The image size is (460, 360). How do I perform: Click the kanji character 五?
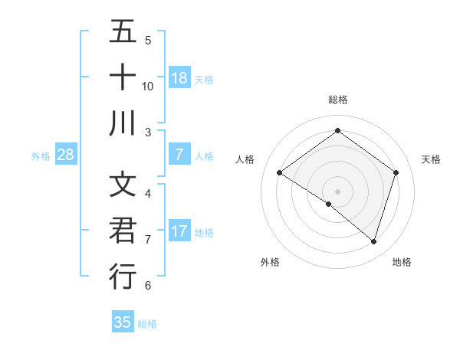(123, 33)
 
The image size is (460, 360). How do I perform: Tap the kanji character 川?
(123, 123)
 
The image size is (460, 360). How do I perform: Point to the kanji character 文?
(123, 186)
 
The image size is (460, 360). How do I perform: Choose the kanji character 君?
(123, 231)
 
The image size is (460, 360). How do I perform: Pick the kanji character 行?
(123, 277)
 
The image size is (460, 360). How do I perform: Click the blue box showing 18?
(179, 78)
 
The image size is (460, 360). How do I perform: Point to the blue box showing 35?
(123, 322)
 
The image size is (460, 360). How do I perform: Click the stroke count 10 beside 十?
(148, 86)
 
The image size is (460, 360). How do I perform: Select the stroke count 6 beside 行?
(147, 286)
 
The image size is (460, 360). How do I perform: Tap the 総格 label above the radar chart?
(337, 100)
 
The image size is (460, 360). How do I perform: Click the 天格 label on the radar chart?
(432, 159)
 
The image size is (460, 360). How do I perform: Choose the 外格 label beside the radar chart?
(270, 262)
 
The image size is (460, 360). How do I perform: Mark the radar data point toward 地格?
(374, 241)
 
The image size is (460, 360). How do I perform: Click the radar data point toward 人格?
(280, 173)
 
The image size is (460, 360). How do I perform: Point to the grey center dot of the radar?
(337, 191)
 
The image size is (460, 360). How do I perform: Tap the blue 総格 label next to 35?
(147, 323)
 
